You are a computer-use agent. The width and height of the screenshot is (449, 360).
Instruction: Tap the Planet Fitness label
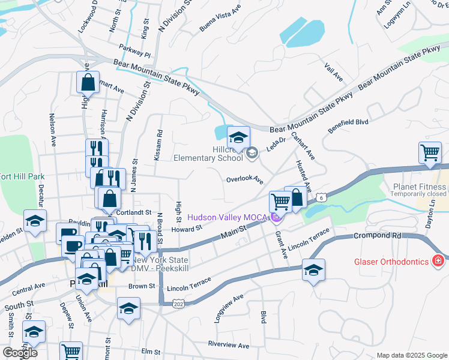(x=418, y=187)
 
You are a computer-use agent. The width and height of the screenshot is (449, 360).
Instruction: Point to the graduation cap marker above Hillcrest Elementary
(x=238, y=138)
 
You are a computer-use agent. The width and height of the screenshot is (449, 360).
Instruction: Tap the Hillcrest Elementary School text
(x=208, y=154)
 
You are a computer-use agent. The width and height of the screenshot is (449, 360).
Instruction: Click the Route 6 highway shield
(x=322, y=197)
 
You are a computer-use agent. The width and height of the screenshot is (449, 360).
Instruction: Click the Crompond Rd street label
(x=377, y=236)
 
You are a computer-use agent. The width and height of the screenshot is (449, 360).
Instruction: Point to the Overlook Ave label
(x=245, y=179)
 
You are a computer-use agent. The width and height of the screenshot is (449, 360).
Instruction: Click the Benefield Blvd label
(x=347, y=125)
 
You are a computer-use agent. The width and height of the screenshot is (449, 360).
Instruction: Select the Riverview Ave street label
(x=228, y=345)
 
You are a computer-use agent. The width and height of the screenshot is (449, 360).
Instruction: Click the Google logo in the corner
(x=20, y=353)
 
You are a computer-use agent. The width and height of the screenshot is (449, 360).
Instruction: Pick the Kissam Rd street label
(x=160, y=142)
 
